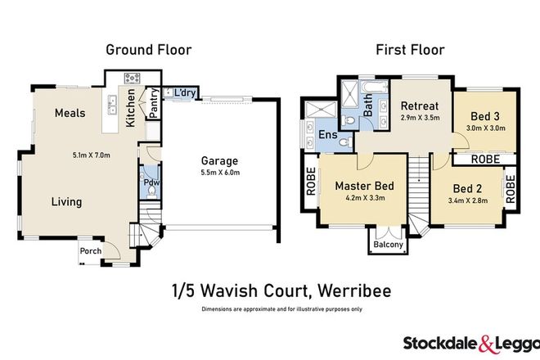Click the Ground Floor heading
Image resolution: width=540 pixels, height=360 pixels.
(x=149, y=50)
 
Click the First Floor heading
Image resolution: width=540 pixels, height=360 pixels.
(x=410, y=50)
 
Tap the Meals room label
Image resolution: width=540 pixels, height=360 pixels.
(x=70, y=114)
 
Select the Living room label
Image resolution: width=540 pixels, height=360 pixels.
(x=66, y=201)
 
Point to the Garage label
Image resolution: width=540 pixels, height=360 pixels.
(x=217, y=161)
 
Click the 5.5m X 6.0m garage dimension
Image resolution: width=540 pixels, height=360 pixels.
(x=217, y=174)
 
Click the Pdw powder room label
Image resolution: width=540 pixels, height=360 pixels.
(x=150, y=183)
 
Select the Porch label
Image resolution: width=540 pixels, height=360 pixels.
(x=91, y=251)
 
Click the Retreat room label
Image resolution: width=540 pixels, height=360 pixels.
(x=420, y=106)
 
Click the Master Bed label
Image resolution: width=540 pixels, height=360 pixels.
(x=365, y=186)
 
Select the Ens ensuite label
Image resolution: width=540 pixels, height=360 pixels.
(x=327, y=135)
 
